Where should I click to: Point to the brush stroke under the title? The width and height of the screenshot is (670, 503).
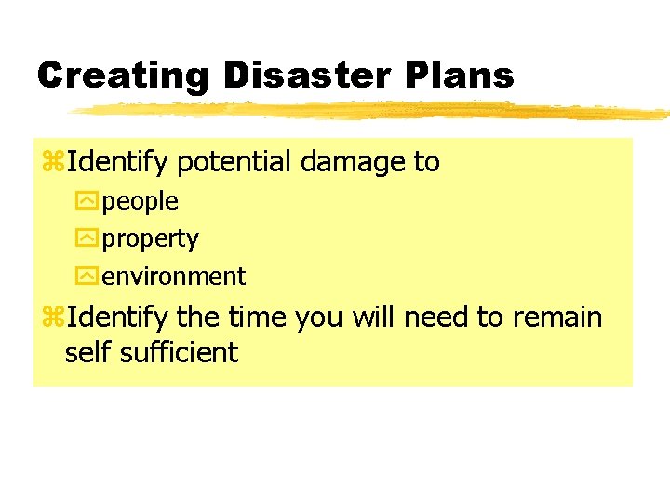pyautogui.click(x=372, y=111)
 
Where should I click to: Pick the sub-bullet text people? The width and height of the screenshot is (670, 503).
pyautogui.click(x=141, y=201)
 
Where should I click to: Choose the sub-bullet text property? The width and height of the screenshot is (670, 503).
pyautogui.click(x=151, y=239)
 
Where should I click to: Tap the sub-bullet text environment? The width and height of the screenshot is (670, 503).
pyautogui.click(x=174, y=277)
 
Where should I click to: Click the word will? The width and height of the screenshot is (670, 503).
pyautogui.click(x=374, y=319)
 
